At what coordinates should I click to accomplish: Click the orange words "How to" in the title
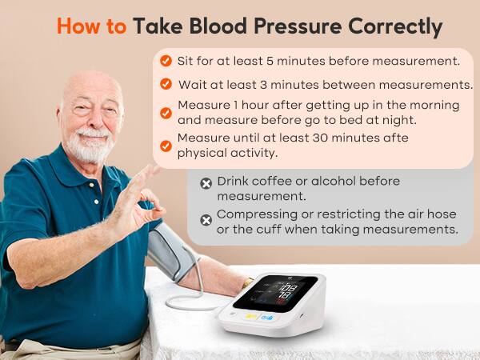pyautogui.click(x=91, y=26)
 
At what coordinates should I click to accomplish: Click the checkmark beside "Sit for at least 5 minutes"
pyautogui.click(x=166, y=61)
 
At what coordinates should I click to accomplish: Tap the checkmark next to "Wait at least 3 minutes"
pyautogui.click(x=166, y=84)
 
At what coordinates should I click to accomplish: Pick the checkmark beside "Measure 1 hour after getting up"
pyautogui.click(x=166, y=113)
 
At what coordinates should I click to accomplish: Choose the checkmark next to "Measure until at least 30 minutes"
pyautogui.click(x=166, y=146)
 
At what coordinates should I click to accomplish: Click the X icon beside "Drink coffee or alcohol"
pyautogui.click(x=206, y=184)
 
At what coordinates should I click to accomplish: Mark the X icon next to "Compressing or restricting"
pyautogui.click(x=206, y=220)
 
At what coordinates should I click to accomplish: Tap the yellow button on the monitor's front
pyautogui.click(x=252, y=318)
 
